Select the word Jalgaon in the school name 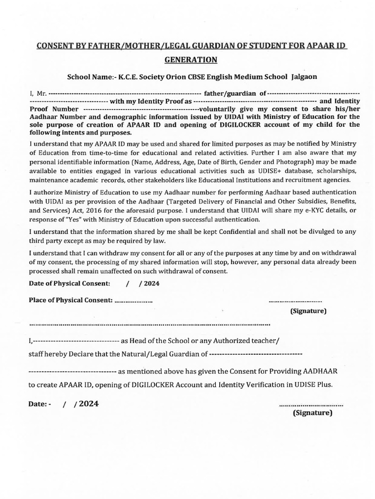(304, 77)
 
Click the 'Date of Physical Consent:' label (69, 283)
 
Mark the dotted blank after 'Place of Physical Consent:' (133, 301)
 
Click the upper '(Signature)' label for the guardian (308, 311)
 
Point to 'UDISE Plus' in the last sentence (314, 384)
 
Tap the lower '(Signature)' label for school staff (312, 413)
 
